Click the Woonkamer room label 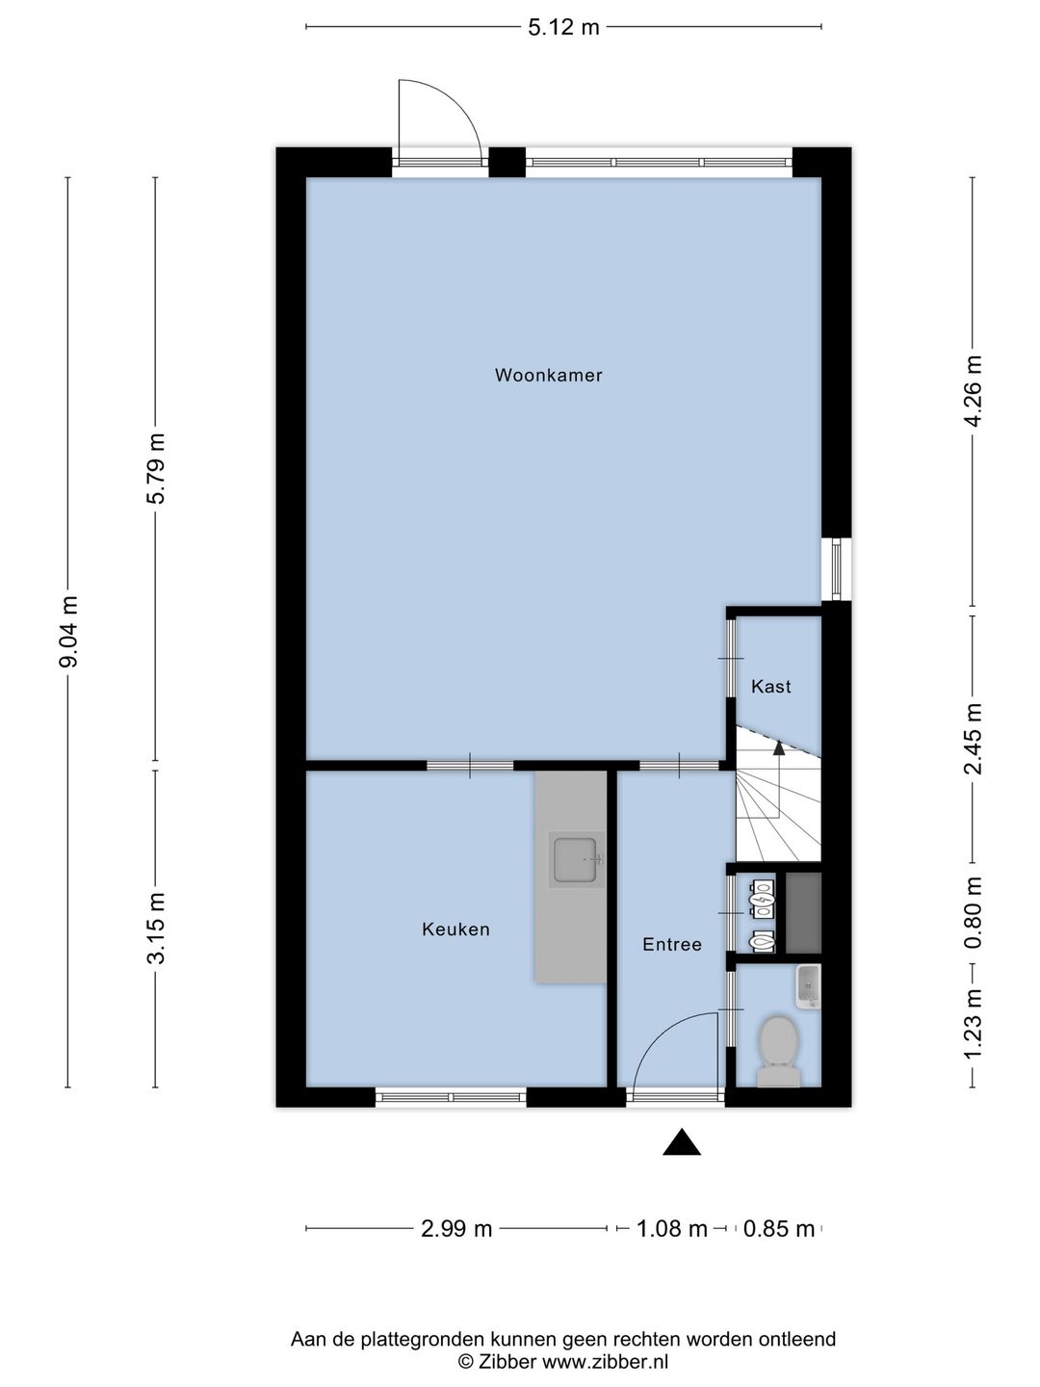point(548,376)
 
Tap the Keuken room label point(455,929)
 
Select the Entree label point(672,945)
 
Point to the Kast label point(771,686)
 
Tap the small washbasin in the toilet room point(808,986)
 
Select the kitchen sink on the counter point(575,859)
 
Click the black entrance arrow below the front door point(682,1141)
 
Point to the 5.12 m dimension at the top point(563,27)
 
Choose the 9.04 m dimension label point(67,632)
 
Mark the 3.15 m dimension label point(155,929)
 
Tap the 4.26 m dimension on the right point(973,392)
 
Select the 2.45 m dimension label point(973,739)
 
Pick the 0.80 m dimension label point(973,912)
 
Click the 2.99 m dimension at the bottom point(455,1228)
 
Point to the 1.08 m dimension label point(672,1228)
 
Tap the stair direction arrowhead point(779,747)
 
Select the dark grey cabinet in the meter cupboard point(803,912)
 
